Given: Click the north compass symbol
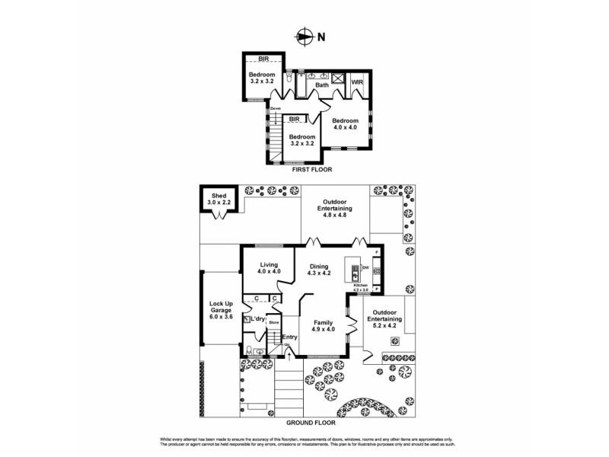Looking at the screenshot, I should [304, 36].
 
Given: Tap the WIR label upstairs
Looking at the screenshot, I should [356, 81].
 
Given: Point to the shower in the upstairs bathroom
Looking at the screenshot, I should [337, 78].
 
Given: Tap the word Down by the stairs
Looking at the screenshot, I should [275, 109].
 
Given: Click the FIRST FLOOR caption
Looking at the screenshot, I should [304, 171].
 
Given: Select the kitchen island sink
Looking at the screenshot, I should [355, 270].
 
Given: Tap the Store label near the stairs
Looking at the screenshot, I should [273, 323].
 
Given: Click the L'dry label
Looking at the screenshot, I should [257, 318].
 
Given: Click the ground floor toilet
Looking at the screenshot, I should [249, 350].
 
